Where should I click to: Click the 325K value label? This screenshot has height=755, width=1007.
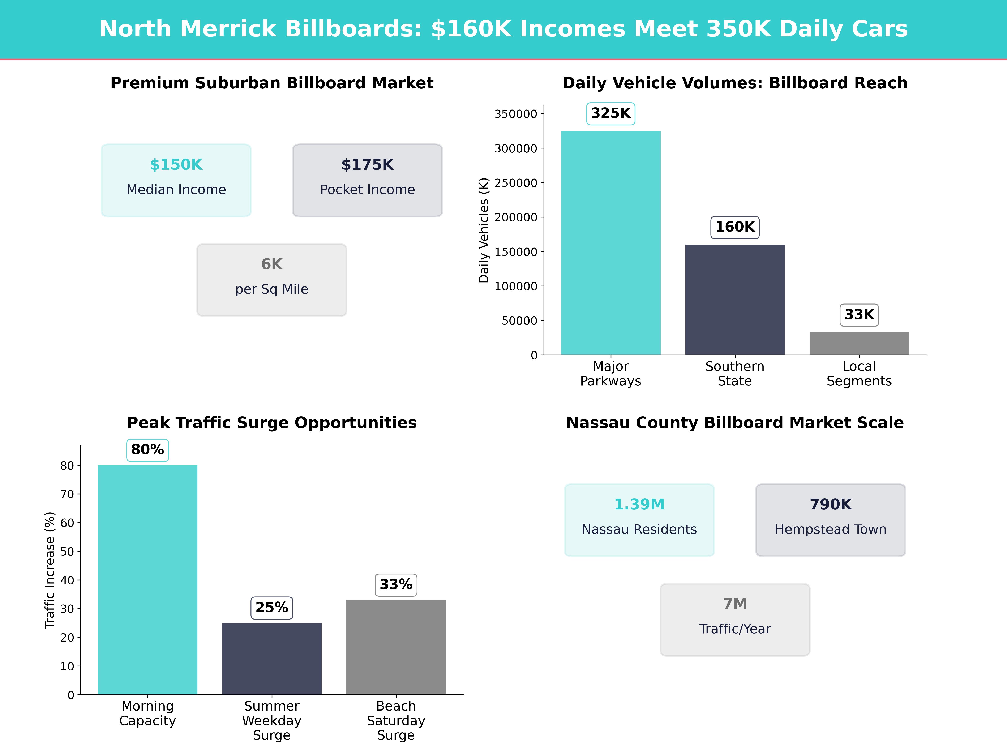click(x=610, y=113)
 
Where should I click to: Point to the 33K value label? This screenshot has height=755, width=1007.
click(x=859, y=314)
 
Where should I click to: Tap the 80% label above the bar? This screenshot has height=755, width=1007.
click(x=147, y=450)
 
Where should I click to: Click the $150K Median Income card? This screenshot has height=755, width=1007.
click(x=176, y=180)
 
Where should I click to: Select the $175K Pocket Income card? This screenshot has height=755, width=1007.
click(x=367, y=180)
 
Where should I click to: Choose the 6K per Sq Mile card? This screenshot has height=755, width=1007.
click(x=272, y=280)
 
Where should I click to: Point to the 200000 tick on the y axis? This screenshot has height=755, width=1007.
click(x=516, y=217)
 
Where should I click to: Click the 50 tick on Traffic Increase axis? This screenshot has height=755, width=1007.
click(x=67, y=552)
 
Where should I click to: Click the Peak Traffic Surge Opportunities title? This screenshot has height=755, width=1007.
click(x=272, y=423)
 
